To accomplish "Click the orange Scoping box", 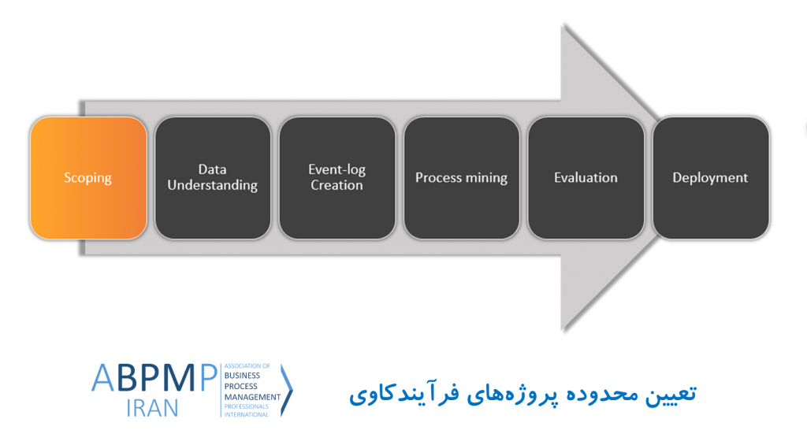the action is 88,178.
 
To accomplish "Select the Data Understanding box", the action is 213,178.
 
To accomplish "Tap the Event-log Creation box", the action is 337,178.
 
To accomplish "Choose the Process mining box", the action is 462,178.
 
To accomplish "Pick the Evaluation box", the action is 586,178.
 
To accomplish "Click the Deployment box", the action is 711,178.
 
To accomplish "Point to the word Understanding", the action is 213,186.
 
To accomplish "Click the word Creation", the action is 337,185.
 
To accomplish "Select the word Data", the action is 213,169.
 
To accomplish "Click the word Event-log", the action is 337,169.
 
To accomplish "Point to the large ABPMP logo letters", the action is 154,378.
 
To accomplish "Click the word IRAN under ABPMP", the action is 152,408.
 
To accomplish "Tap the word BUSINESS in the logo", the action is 242,376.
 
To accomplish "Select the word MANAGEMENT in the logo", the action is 252,397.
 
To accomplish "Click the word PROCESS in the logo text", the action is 241,386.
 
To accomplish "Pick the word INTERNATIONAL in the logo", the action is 246,414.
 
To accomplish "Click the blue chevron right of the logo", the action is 287,390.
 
